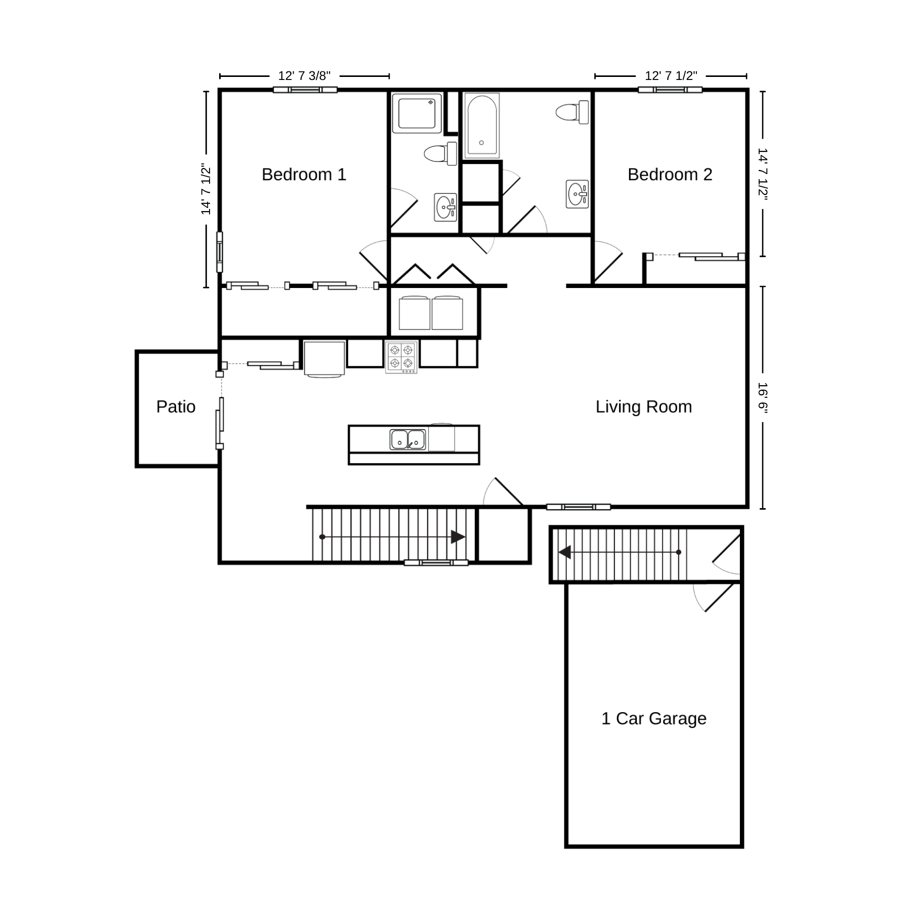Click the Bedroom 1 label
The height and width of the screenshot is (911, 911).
[304, 175]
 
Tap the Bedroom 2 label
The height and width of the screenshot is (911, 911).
[670, 175]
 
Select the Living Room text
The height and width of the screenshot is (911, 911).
[643, 407]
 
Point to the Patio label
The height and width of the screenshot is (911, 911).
[176, 407]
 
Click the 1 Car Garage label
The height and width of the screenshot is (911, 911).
[653, 719]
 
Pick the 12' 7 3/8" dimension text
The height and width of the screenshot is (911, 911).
[304, 76]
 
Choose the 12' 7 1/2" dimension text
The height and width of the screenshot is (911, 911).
[671, 76]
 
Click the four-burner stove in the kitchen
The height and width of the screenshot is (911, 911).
[401, 358]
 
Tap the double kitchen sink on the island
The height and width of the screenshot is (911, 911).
[408, 439]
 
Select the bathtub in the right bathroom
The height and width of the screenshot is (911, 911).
[482, 126]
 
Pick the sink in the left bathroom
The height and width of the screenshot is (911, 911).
[445, 207]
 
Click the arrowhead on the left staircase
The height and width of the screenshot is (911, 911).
[458, 537]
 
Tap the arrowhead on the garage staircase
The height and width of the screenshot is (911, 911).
[565, 552]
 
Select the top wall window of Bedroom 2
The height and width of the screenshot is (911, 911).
[670, 90]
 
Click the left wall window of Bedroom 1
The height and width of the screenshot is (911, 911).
[220, 252]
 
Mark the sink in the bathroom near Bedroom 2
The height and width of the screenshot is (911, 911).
[577, 194]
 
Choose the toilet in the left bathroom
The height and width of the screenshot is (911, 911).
[440, 153]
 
